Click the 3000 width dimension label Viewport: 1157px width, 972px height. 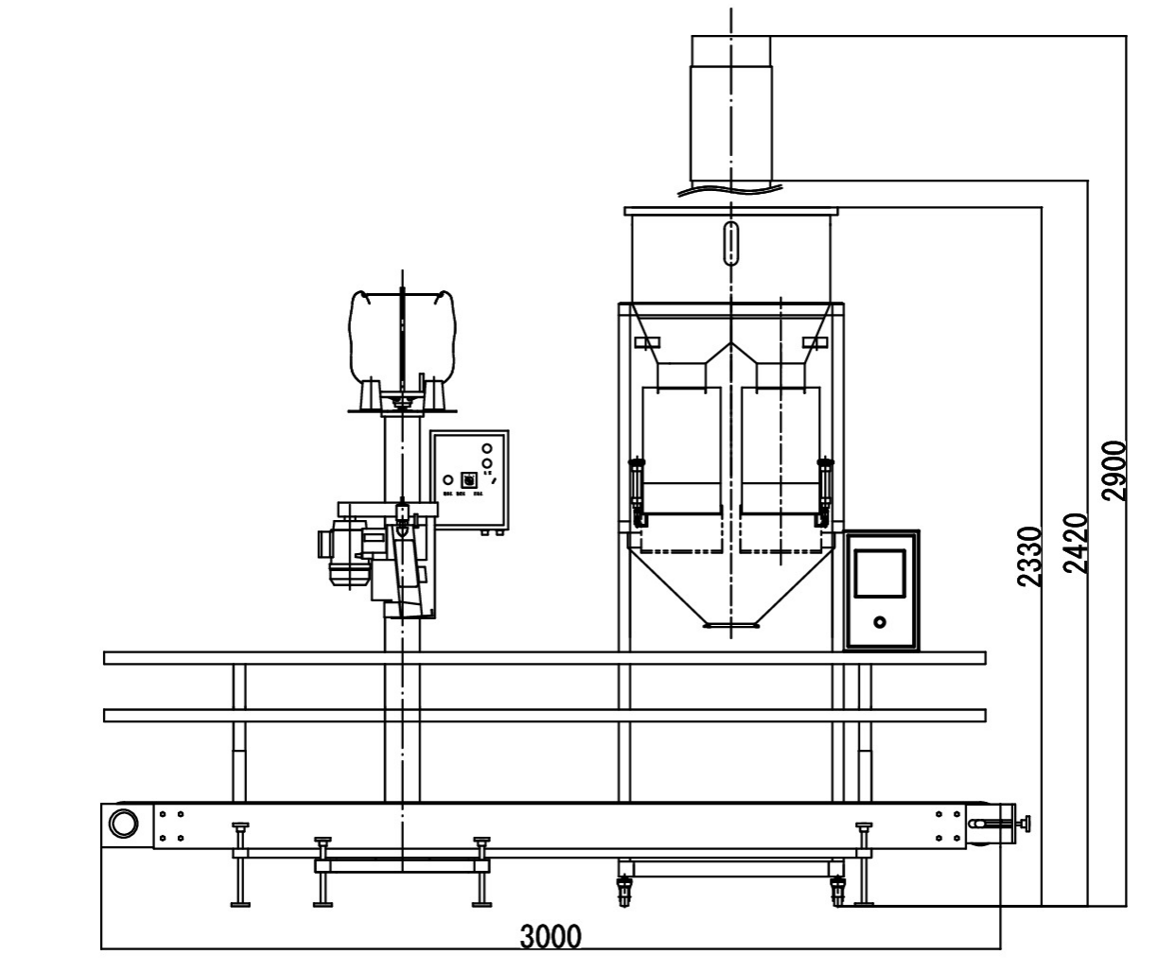[x=551, y=937]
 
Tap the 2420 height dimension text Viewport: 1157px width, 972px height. [x=1074, y=544]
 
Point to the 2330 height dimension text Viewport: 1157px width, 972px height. [x=1030, y=557]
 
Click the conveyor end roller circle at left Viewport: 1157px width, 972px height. [x=123, y=823]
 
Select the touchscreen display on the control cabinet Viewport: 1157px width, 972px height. [x=880, y=573]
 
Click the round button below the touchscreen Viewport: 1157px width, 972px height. [x=880, y=622]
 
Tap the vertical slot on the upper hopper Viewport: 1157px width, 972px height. [x=730, y=243]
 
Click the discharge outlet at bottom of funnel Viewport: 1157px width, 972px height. [x=730, y=624]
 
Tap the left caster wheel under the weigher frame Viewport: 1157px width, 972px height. [x=624, y=890]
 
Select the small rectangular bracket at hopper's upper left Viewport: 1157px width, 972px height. [x=647, y=341]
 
